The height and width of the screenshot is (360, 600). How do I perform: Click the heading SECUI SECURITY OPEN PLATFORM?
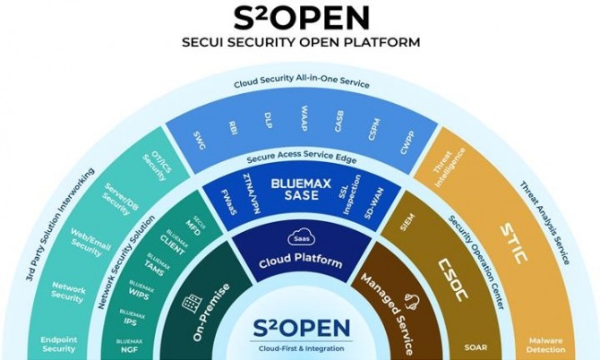tap(300, 41)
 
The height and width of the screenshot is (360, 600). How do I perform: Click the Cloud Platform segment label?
tap(299, 262)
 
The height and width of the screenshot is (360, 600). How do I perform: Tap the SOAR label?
tap(476, 347)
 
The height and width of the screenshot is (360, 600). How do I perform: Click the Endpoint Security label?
tap(59, 344)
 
